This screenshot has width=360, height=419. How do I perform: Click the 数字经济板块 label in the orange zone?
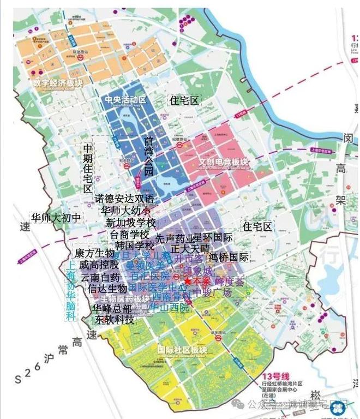coord(57,84)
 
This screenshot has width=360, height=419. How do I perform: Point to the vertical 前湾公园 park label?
coord(148,155)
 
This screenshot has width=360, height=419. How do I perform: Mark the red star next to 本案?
coord(188,280)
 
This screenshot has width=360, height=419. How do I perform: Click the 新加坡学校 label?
coord(130,223)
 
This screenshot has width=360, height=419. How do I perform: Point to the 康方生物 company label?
coord(94,254)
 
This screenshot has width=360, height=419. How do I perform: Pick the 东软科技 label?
coord(115,319)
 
